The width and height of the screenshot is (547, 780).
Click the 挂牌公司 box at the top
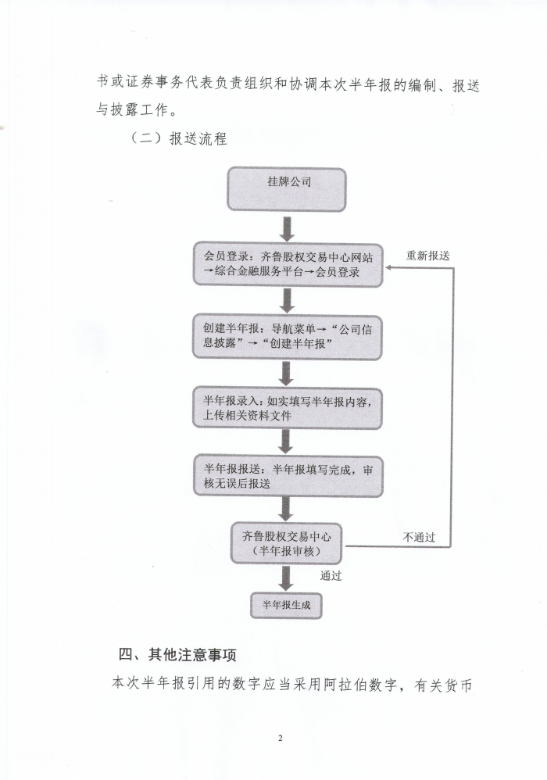coord(287,189)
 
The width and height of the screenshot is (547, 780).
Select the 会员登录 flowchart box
coord(288,265)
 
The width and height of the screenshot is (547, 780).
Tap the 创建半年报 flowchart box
coord(288,337)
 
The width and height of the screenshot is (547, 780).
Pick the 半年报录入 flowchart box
coord(288,408)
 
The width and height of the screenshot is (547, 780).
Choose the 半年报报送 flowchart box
coord(288,476)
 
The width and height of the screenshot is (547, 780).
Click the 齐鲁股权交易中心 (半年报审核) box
coord(287,543)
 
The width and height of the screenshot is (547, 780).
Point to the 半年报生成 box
coord(287,605)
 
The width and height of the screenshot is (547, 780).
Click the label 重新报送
coord(427,256)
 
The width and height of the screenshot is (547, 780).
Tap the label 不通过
coord(419,537)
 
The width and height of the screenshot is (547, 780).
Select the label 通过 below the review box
coord(331,575)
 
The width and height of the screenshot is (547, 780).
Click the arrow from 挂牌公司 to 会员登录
coord(287,229)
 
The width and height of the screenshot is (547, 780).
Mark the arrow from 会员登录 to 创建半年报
coord(287,301)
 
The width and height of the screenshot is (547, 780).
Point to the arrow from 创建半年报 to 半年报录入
coord(286,373)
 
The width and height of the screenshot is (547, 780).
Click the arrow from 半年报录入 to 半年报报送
coord(285,442)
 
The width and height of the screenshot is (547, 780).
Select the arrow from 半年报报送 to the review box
coord(286,510)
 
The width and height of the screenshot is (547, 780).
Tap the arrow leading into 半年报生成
coord(286,578)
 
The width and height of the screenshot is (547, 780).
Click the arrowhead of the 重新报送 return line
coord(388,267)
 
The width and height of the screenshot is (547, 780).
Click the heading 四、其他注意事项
coord(177,654)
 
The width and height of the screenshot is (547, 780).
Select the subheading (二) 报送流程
coord(178,138)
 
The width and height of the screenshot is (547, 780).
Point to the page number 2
coord(280,739)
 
